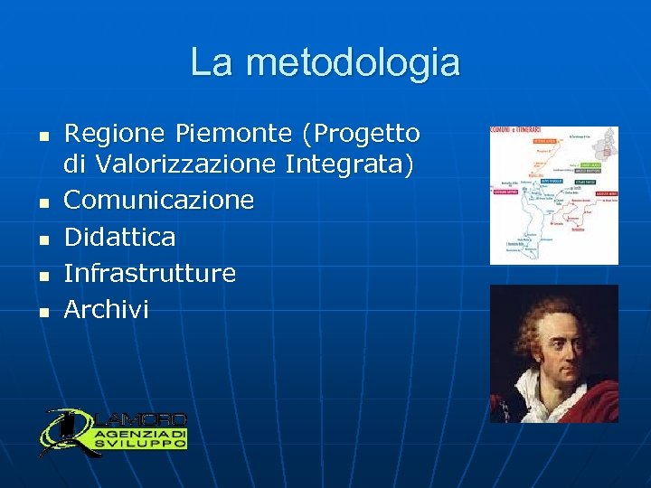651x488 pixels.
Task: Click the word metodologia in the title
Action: [x=353, y=63]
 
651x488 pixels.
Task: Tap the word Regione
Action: [x=116, y=135]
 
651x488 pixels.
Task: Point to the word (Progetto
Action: [x=362, y=135]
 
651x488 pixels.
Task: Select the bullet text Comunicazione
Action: [x=159, y=200]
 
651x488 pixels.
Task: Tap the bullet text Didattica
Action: [x=119, y=237]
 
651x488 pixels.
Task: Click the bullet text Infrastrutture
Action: [x=150, y=273]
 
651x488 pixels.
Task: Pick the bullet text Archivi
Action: [x=106, y=310]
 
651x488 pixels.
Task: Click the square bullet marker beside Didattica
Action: [x=42, y=239]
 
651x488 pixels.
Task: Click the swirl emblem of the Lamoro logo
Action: [x=63, y=432]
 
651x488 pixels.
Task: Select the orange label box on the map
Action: [x=545, y=141]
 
